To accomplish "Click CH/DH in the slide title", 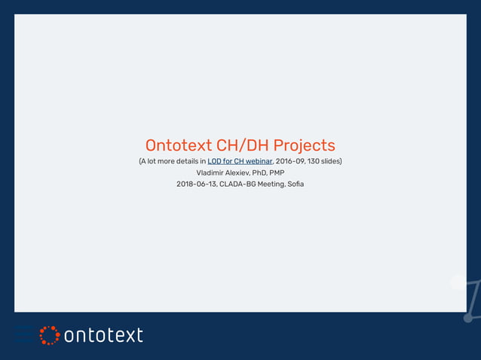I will pyautogui.click(x=243, y=145).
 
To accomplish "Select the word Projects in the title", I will pyautogui.click(x=305, y=145).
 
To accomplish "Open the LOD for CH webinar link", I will pyautogui.click(x=240, y=161).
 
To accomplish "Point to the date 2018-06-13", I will pyautogui.click(x=196, y=184).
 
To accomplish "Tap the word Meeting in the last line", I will pyautogui.click(x=271, y=184).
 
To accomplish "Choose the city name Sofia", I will pyautogui.click(x=296, y=184).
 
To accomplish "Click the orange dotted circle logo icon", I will pyautogui.click(x=49, y=335).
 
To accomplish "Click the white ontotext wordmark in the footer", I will pyautogui.click(x=103, y=335).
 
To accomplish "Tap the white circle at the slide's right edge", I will pyautogui.click(x=458, y=282).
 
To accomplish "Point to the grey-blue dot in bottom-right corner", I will pyautogui.click(x=468, y=319).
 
